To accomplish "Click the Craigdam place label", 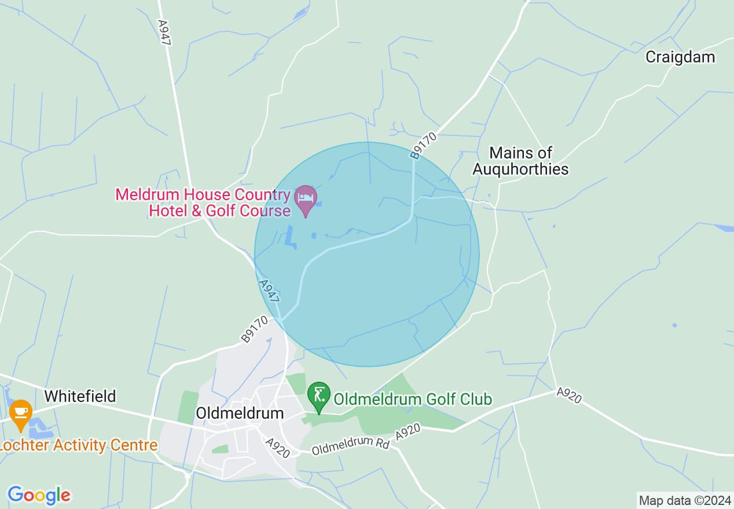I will tap(680, 57).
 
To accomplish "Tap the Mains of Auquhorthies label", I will tap(520, 161).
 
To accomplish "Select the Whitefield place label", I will tap(80, 396).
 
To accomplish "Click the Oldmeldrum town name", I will tap(240, 413).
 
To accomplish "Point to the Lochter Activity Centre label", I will tap(79, 445).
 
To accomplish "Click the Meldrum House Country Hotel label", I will tap(203, 202).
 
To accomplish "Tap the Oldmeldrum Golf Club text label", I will tap(413, 399).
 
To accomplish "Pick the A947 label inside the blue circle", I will tap(269, 292).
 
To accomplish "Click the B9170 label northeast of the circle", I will tap(423, 145).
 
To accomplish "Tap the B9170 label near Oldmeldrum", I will tap(255, 329).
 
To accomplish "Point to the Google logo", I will tap(39, 495).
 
